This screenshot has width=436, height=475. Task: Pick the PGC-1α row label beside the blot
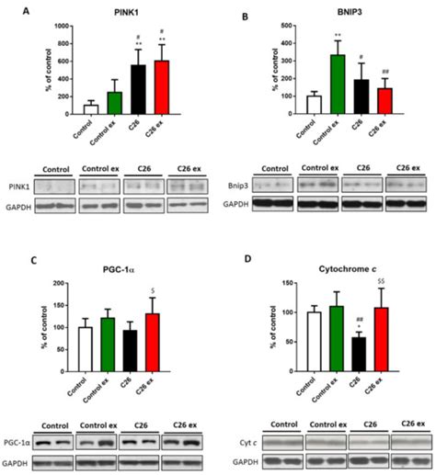click(40, 442)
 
